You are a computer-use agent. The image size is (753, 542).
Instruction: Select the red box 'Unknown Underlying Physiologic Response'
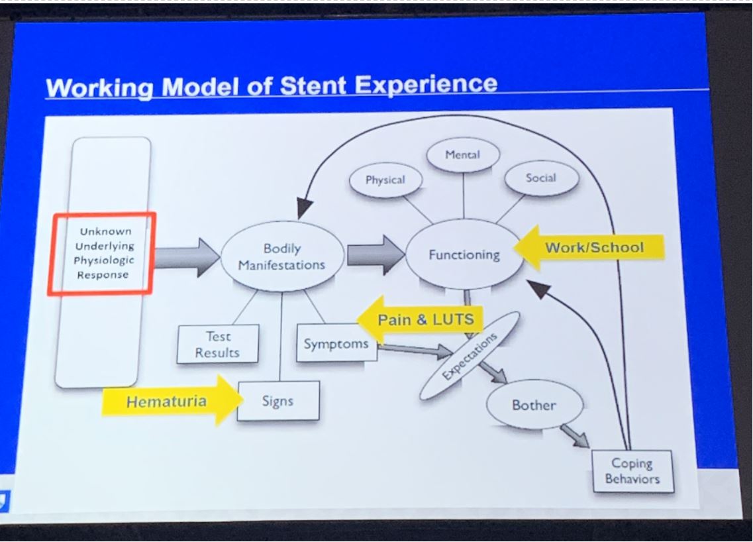[x=101, y=252]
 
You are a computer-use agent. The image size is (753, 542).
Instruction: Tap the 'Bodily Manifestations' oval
[x=282, y=256]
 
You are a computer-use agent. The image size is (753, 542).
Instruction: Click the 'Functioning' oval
[x=464, y=254]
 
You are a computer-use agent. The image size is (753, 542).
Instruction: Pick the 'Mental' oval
[x=463, y=155]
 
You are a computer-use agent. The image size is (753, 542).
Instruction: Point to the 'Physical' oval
[x=385, y=180]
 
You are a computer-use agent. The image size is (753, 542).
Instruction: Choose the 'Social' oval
[x=541, y=178]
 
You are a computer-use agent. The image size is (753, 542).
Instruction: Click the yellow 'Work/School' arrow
[x=588, y=248]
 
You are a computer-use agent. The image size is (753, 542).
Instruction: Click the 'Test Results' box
[x=217, y=345]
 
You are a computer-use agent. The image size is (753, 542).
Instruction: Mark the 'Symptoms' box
[x=336, y=343]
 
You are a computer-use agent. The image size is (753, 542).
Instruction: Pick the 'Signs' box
[x=277, y=400]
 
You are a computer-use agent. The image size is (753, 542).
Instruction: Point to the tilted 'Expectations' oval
[x=468, y=356]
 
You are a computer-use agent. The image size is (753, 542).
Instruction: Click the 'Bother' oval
[x=534, y=404]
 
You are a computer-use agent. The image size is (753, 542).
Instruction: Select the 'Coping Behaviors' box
[x=632, y=470]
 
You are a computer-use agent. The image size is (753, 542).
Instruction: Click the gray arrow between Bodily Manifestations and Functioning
[x=375, y=254]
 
